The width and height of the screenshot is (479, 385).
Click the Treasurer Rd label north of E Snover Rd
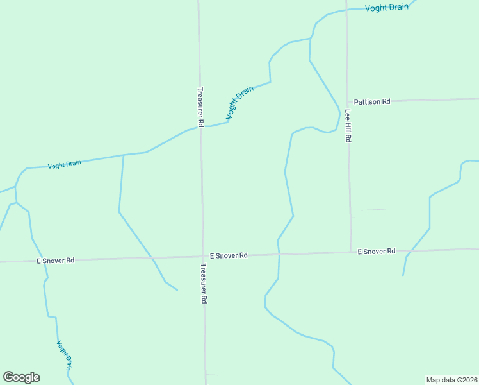[200, 107]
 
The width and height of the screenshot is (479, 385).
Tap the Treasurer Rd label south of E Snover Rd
[204, 283]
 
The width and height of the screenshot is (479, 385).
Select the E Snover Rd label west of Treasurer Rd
[56, 261]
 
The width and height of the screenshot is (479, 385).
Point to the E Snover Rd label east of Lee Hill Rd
[377, 252]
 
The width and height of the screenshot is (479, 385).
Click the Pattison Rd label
[372, 101]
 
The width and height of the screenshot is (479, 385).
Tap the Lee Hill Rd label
[348, 125]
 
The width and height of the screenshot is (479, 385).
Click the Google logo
[21, 377]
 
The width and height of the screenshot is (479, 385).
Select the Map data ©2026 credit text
[451, 380]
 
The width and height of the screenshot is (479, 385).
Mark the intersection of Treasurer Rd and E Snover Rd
[202, 257]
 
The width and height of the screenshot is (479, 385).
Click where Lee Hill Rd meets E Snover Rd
[352, 252]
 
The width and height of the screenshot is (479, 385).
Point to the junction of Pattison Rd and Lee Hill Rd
[348, 102]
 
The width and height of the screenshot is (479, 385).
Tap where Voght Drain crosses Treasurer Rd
[200, 127]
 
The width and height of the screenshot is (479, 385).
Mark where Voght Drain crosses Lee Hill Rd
[346, 10]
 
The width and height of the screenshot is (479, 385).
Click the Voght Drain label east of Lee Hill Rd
[387, 8]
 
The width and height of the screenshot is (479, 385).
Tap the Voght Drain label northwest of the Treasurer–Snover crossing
[65, 164]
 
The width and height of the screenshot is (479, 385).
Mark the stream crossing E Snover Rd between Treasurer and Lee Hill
[279, 254]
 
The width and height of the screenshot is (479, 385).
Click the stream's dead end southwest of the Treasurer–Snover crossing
[177, 290]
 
